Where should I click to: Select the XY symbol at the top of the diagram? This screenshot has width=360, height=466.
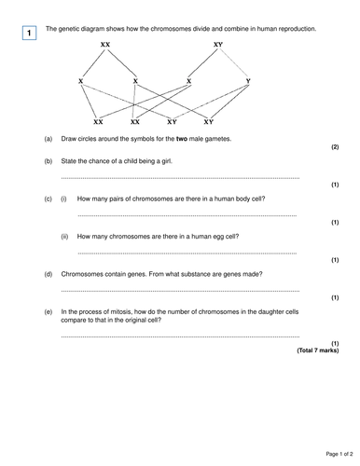[x=217, y=45]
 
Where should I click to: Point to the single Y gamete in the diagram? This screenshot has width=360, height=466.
[x=246, y=82]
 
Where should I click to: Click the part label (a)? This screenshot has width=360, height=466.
[x=48, y=139]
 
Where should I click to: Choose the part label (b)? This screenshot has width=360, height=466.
[x=48, y=161]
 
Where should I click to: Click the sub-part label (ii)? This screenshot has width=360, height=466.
[x=64, y=237]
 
